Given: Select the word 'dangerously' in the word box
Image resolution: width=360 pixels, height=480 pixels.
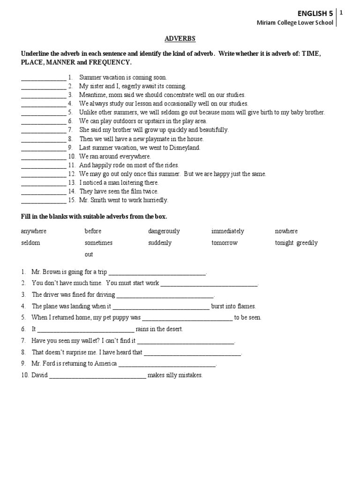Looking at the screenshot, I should [x=164, y=231].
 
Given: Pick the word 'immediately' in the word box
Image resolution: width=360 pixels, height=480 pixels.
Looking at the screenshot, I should [x=227, y=231].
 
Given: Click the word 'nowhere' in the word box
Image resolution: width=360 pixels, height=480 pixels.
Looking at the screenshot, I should [x=286, y=231].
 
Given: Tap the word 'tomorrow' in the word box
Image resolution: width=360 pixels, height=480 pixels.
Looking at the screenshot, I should [x=224, y=243].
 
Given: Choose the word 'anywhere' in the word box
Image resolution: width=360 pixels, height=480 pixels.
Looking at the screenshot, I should [x=34, y=231].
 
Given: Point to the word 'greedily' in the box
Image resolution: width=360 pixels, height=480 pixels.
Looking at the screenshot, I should [x=307, y=243].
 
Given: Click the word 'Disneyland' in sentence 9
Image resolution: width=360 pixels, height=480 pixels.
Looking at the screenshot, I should [x=184, y=148].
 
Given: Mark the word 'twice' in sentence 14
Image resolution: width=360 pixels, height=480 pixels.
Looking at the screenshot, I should [x=151, y=191].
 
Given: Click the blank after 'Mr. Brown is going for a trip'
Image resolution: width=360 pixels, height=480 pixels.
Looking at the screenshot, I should [x=157, y=273].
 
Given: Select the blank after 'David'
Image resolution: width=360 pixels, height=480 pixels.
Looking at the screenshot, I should [x=97, y=376].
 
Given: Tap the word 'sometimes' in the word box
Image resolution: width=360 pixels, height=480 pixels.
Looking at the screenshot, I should [x=98, y=243].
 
